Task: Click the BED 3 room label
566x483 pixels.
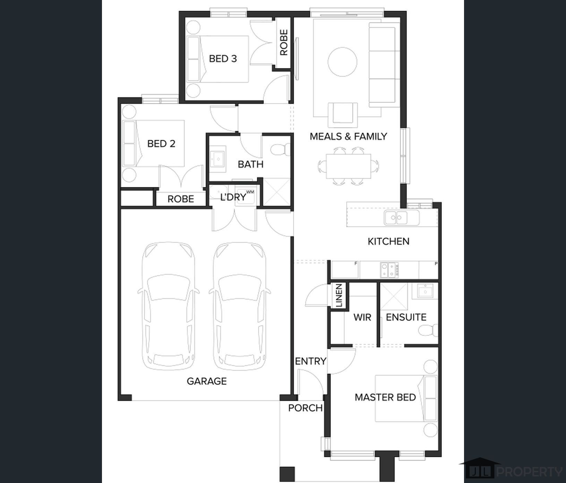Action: tap(223, 59)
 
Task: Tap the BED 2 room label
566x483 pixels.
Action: tap(161, 144)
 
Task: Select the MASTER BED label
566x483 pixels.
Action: tap(385, 397)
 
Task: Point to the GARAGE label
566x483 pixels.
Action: tap(207, 381)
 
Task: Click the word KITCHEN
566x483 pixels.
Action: tap(388, 241)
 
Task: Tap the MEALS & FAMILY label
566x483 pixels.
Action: tap(348, 136)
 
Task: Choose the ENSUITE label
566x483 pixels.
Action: tap(406, 317)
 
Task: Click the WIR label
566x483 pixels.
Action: tap(362, 317)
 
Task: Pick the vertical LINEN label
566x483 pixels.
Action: tap(339, 296)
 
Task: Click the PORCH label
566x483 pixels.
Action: tap(305, 408)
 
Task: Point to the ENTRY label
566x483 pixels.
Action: tap(310, 361)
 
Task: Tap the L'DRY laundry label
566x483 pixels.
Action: tap(233, 197)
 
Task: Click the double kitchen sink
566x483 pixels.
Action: tap(402, 218)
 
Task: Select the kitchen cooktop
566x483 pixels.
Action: tap(389, 270)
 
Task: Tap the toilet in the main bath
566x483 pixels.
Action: tap(280, 150)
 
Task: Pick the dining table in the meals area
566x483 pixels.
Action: tap(348, 166)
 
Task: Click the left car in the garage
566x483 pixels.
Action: tap(169, 306)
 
